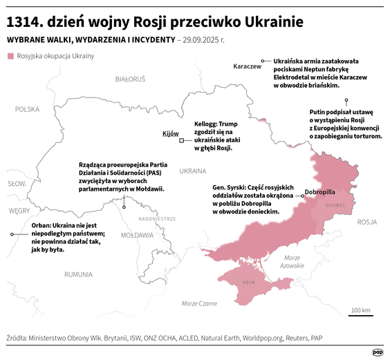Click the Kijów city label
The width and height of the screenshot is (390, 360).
pos(170,133)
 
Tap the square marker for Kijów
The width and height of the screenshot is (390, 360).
pos(181,141)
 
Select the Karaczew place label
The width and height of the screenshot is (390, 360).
pos(248,66)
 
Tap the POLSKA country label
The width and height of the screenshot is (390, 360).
pos(28,109)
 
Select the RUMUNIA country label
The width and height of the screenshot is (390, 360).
pos(78,274)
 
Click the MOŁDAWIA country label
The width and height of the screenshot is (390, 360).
pos(137,235)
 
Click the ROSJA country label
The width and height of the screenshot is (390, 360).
pos(367,222)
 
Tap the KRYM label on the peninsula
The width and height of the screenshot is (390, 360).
pos(249,283)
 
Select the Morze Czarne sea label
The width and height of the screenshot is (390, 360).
pos(199,303)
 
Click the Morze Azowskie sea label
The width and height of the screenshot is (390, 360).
pos(294,261)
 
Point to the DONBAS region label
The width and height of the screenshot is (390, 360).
pos(335,205)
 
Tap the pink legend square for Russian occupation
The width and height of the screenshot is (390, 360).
pos(10,55)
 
